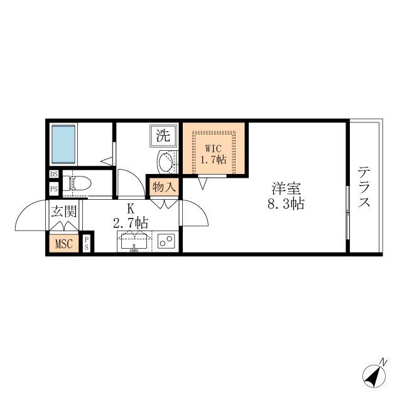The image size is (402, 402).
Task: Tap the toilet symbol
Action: point(78,183)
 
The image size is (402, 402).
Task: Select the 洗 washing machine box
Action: point(163,135)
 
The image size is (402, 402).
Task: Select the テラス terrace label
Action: point(365,187)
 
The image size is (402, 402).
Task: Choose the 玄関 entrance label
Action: point(63,212)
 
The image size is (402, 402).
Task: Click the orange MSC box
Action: point(64,244)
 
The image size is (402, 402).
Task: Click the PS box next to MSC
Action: point(87,244)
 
